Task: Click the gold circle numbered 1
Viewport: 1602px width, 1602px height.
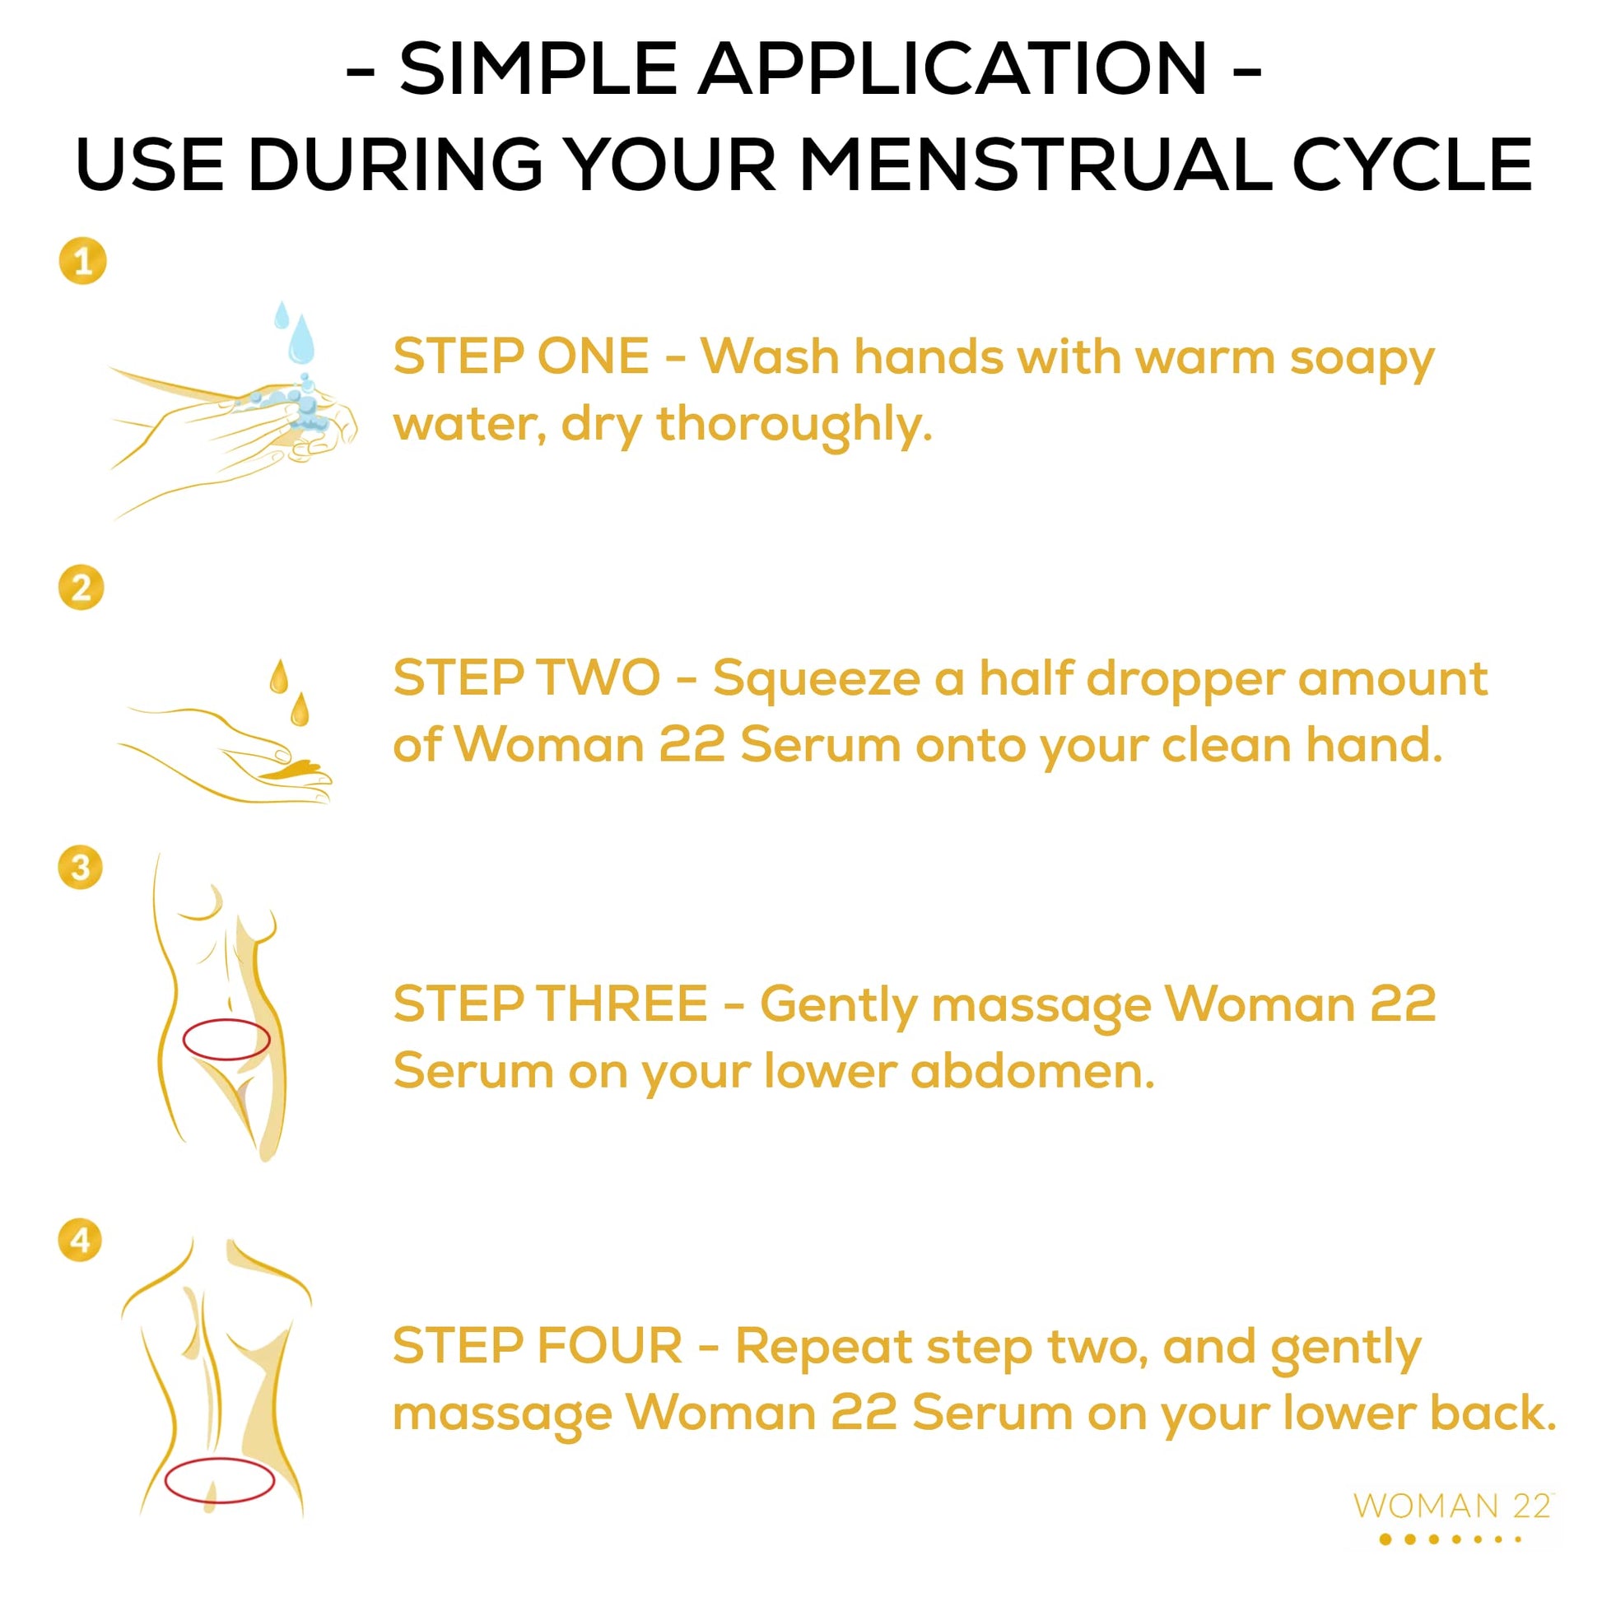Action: (x=83, y=261)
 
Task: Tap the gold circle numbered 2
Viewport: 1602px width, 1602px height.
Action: (x=81, y=588)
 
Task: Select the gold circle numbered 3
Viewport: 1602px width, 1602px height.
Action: (x=81, y=868)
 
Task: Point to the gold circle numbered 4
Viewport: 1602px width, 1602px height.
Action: (x=81, y=1241)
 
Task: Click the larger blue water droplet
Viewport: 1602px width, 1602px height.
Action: (x=301, y=341)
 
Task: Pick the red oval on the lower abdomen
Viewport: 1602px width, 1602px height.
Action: (x=226, y=1040)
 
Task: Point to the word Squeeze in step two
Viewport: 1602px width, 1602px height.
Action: (x=816, y=679)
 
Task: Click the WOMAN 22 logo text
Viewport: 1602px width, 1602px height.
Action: (x=1452, y=1505)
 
